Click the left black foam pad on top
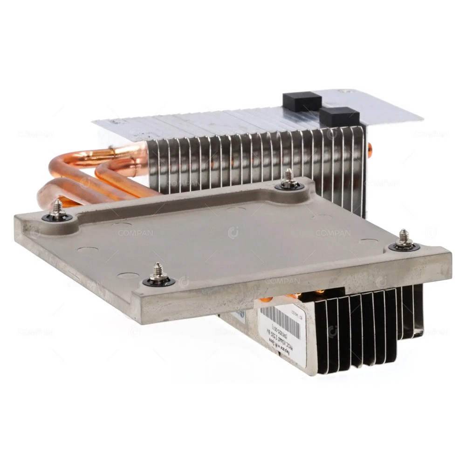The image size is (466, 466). click(x=302, y=101)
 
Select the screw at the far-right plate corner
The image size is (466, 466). click(x=404, y=241)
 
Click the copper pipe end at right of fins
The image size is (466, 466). click(x=370, y=149)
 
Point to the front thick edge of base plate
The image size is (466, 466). click(x=280, y=289)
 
